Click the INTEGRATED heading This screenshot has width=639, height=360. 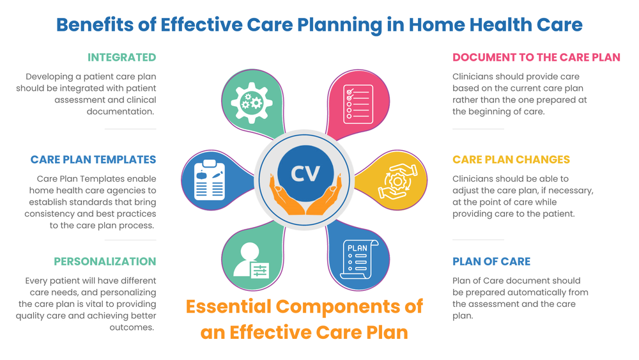click(121, 58)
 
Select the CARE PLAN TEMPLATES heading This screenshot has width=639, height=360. click(93, 160)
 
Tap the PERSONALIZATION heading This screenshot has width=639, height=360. click(105, 262)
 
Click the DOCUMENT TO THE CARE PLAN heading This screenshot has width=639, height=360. click(536, 58)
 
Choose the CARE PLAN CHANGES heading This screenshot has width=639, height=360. click(511, 160)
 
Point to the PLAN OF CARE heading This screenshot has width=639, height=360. click(491, 262)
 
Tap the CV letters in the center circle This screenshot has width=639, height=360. click(305, 173)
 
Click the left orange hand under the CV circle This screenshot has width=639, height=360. click(286, 201)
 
